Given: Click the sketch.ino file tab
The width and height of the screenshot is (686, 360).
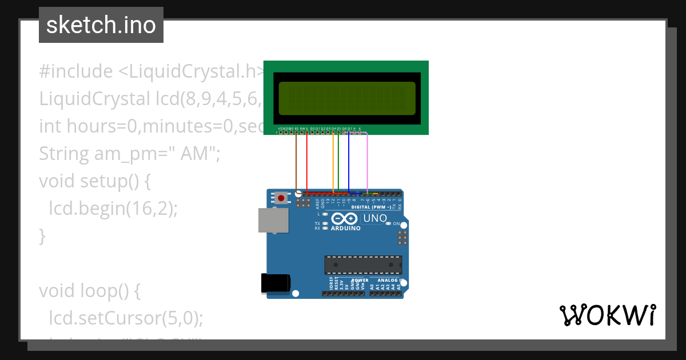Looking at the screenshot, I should [x=101, y=25].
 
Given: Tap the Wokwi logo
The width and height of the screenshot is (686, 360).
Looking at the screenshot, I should [x=607, y=315].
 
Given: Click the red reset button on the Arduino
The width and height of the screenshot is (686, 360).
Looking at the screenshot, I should [x=281, y=198].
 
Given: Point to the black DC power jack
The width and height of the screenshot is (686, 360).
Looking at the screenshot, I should [x=275, y=284].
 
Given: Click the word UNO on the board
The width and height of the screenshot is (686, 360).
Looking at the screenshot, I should [x=375, y=218].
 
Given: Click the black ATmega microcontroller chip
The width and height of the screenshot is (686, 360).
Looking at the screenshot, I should [x=363, y=265].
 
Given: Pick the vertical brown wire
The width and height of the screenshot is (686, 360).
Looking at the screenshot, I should [x=296, y=163].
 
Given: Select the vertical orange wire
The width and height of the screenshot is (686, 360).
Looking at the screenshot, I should [x=333, y=163].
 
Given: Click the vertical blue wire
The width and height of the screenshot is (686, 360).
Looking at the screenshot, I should [x=349, y=163].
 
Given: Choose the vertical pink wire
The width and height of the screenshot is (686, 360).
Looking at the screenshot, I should [x=367, y=163].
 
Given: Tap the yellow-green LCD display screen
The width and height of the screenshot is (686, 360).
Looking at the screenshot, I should [x=346, y=97].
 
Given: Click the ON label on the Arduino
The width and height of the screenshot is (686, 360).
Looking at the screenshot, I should [x=396, y=223].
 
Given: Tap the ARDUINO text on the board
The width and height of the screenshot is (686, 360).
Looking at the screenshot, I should [x=346, y=229].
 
